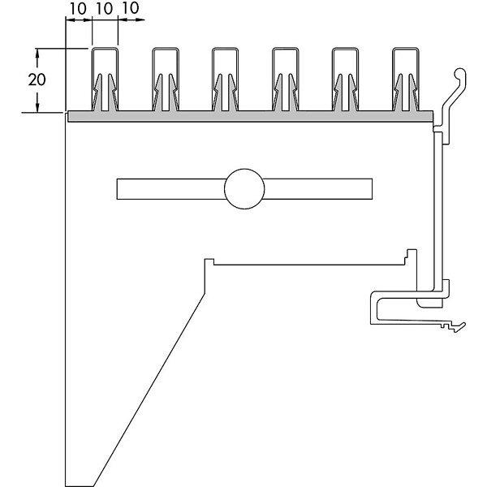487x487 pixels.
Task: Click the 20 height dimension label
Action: [37, 80]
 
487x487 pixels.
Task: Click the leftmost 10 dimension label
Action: [78, 9]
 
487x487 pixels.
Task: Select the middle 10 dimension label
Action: [105, 9]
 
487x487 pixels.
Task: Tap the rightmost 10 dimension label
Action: [131, 8]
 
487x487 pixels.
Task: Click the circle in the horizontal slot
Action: [244, 189]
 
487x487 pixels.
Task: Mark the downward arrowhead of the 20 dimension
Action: [37, 107]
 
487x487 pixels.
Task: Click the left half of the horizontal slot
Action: [170, 189]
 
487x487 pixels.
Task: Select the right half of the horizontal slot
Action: [318, 189]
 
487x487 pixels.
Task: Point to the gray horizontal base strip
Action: [250, 116]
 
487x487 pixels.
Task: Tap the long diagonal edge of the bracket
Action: [149, 390]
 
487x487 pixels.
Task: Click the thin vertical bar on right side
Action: [438, 211]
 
